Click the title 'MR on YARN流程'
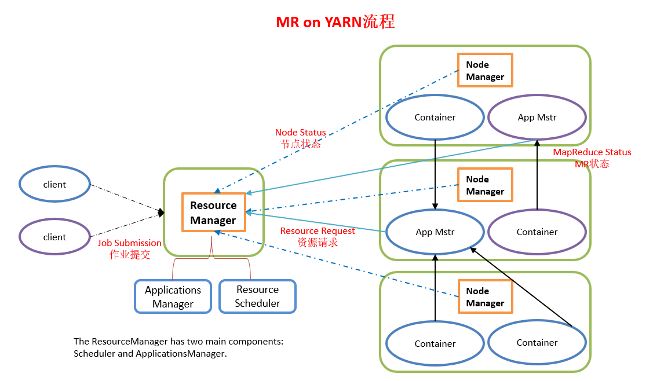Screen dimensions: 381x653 (335, 22)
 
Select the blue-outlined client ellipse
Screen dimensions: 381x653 (55, 185)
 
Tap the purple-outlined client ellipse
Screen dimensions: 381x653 (55, 237)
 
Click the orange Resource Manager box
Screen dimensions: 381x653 (213, 213)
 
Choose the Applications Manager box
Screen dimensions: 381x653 (173, 297)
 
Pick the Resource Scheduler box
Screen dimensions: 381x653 (257, 296)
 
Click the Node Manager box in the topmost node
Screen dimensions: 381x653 (485, 71)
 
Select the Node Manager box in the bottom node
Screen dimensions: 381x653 (485, 297)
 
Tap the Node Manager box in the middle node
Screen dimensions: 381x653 (485, 185)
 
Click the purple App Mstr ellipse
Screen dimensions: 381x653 (537, 118)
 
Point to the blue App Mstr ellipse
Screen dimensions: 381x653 (435, 232)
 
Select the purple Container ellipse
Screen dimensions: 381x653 (537, 232)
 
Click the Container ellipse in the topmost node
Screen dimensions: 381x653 (435, 118)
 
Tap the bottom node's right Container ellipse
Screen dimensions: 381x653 (537, 343)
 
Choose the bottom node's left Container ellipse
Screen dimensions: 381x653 (435, 344)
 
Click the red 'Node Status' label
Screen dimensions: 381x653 (300, 133)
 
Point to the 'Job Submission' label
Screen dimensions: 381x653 (130, 243)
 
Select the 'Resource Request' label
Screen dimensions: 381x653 (318, 231)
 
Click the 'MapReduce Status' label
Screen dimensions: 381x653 (592, 152)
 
